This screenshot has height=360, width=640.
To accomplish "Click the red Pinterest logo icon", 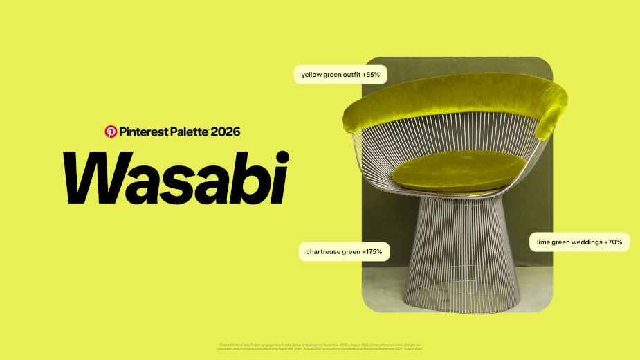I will pos(111,131).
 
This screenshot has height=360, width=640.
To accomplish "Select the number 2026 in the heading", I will pos(226,131).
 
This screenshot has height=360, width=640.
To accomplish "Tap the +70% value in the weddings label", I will pos(612,242).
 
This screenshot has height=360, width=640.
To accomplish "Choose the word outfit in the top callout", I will pos(348,74).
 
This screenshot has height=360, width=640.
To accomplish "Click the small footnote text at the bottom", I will pos(320,345).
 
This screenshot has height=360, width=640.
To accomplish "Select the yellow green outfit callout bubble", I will pos(340,74).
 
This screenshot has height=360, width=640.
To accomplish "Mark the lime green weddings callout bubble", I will pos(579,242).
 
